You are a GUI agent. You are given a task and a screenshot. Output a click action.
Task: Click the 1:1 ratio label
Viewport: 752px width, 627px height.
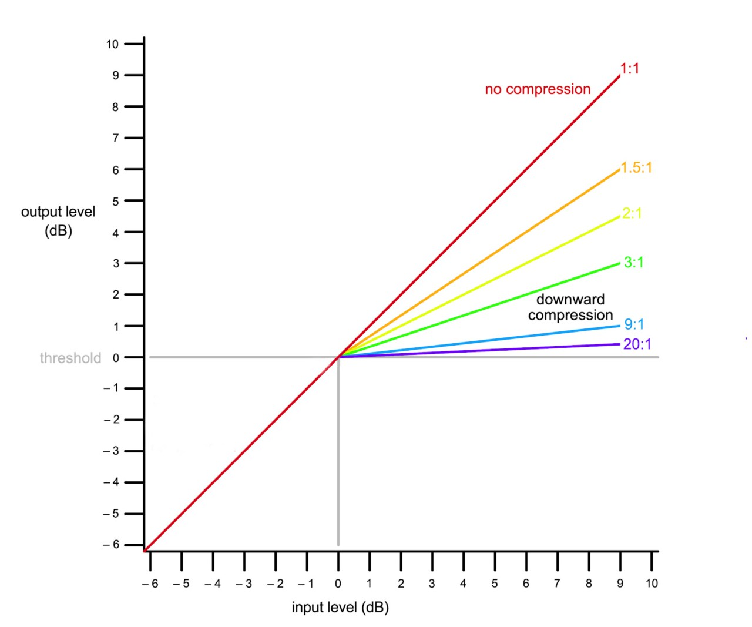[x=629, y=69]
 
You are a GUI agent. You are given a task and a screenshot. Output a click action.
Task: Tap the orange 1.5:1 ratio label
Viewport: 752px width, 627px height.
[x=637, y=168]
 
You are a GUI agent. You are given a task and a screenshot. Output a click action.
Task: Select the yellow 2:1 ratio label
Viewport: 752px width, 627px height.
[x=632, y=213]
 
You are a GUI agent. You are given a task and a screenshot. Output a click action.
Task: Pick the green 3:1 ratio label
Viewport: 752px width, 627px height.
[x=634, y=262]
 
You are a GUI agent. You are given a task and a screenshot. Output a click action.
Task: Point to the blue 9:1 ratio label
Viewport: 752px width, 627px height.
[x=634, y=324]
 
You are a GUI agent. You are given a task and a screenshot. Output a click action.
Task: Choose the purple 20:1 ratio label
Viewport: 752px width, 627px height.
[x=637, y=344]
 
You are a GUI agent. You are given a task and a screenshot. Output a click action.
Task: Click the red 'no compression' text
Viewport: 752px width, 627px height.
[x=538, y=89]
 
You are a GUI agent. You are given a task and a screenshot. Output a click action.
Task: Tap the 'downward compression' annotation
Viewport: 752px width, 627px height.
[x=570, y=307]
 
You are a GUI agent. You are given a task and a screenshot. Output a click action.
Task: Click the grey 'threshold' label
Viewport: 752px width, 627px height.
[x=70, y=358]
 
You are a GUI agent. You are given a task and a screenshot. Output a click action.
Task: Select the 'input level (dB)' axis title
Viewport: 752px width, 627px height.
[x=340, y=607]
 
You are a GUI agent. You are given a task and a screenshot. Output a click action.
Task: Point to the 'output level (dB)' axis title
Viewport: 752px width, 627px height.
[x=58, y=221]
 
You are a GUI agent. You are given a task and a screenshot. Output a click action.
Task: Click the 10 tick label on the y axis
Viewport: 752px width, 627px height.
[x=112, y=44]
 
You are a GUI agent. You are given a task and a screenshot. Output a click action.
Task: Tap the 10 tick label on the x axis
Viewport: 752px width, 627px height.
[x=652, y=584]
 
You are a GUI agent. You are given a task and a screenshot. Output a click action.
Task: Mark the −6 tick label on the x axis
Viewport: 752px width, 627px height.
[x=150, y=584]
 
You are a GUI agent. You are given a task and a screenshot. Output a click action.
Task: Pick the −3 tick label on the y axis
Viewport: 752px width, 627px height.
[x=112, y=451]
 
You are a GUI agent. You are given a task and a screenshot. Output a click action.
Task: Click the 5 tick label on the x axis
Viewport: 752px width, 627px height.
[x=495, y=584]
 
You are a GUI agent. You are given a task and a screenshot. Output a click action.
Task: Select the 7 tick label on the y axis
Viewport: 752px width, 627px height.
[x=116, y=138]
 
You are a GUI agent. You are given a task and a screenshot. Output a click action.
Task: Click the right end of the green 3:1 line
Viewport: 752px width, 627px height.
[x=620, y=263]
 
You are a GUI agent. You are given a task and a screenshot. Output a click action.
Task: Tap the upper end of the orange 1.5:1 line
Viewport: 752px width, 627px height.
[x=620, y=169]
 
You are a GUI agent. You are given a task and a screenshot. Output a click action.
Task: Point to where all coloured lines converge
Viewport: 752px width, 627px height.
[x=338, y=357]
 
